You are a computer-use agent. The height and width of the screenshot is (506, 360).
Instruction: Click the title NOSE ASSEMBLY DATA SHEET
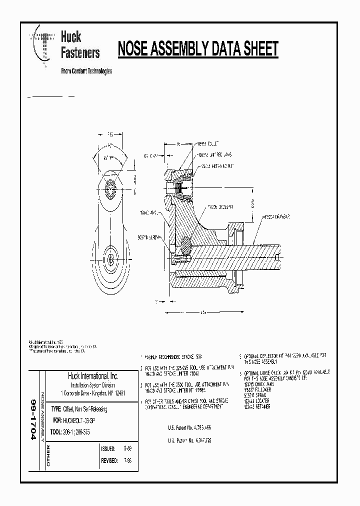pos(197,49)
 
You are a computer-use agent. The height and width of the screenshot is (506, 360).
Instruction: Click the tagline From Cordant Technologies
pos(86,71)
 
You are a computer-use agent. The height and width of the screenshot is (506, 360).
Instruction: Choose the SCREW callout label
pos(150,237)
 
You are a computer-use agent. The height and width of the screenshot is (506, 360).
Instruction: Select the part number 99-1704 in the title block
pos(33,420)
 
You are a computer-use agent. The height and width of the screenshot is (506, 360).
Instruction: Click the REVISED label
pos(109,461)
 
